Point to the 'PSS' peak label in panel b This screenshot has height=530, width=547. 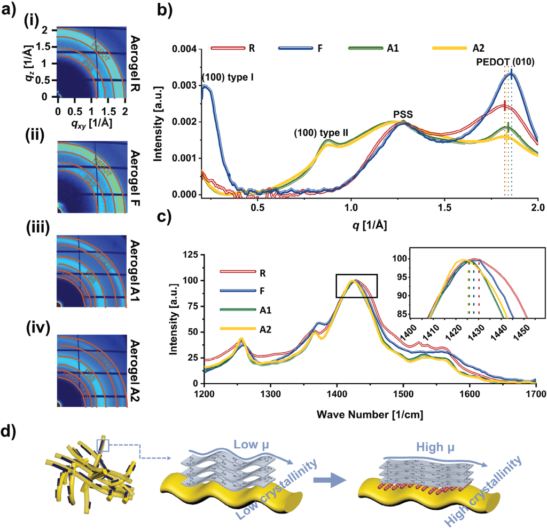pyautogui.click(x=403, y=114)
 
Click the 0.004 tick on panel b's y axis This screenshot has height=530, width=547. pyautogui.click(x=184, y=50)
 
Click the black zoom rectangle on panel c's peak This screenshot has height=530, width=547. pyautogui.click(x=356, y=286)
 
